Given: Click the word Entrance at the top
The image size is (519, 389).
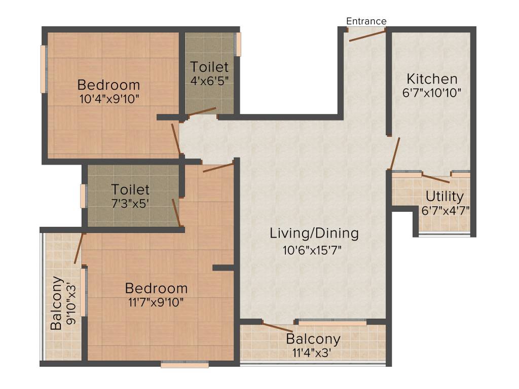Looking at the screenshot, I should click(366, 21).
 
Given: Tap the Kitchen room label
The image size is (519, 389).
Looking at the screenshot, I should click(432, 79).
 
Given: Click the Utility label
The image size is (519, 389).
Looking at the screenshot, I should click(444, 196).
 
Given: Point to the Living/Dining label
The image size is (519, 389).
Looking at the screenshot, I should click(314, 234).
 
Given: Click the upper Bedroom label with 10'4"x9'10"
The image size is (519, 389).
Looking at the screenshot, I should click(108, 85).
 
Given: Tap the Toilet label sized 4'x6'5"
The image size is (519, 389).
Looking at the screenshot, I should click(209, 67).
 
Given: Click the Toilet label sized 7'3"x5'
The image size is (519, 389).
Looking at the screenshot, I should click(130, 190).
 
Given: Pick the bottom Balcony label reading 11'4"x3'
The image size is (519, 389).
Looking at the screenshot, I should click(313, 339).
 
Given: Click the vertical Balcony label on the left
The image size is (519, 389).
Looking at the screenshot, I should click(57, 303).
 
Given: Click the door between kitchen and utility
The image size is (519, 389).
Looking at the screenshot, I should click(435, 178).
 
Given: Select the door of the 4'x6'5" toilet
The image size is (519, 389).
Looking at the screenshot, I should click(202, 112).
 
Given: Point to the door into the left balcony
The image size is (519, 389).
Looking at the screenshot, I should click(79, 248).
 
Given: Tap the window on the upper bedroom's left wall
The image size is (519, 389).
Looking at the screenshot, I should click(44, 69).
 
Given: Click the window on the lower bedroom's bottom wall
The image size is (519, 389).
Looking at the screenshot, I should click(184, 364).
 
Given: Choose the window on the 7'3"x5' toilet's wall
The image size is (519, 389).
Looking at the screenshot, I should click(83, 196).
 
